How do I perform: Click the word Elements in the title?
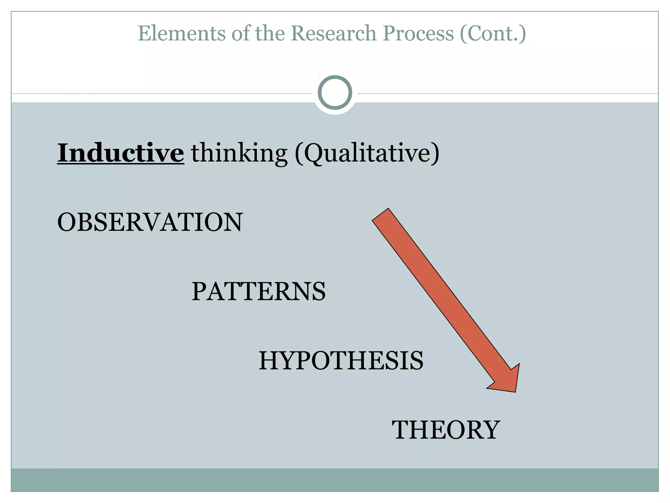[182, 33]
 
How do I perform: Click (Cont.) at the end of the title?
[493, 34]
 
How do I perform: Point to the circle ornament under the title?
[335, 92]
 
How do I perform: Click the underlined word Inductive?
[120, 153]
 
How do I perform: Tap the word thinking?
[239, 154]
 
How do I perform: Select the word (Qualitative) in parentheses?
[367, 154]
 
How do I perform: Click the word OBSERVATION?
[150, 222]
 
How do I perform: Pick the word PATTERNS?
[258, 291]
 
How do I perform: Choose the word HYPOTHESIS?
[341, 361]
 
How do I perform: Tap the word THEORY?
[446, 430]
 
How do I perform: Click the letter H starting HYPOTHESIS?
[269, 361]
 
